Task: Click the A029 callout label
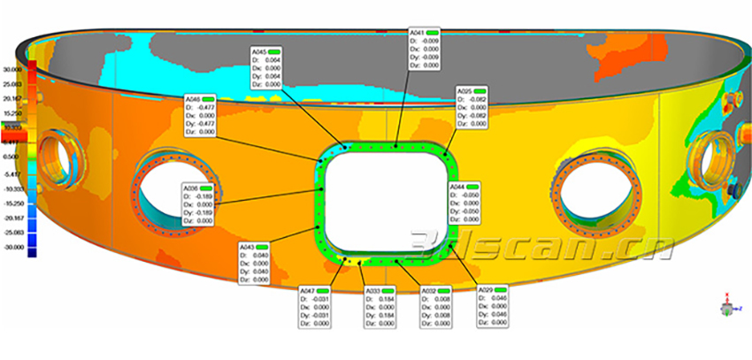pyautogui.click(x=495, y=306)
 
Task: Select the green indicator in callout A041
pyautogui.click(x=436, y=32)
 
